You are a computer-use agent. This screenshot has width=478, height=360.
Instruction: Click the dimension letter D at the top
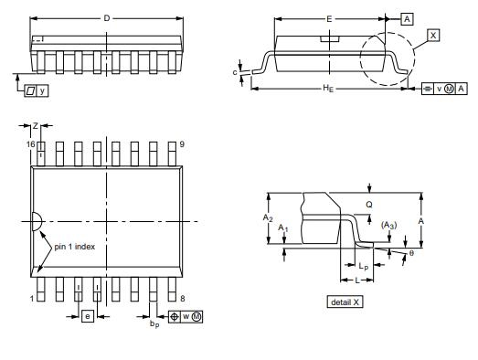pyautogui.click(x=106, y=18)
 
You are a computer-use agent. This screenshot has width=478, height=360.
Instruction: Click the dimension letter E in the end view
pyautogui.click(x=329, y=18)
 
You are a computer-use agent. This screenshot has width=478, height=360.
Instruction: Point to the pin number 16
pyautogui.click(x=29, y=145)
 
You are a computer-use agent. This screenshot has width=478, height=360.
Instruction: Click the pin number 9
pyautogui.click(x=184, y=145)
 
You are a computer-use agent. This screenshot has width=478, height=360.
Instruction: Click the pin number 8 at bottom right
pyautogui.click(x=184, y=299)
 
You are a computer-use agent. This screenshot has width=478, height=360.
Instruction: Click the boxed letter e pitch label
pyautogui.click(x=88, y=316)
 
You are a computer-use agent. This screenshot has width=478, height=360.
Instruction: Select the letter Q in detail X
pyautogui.click(x=368, y=205)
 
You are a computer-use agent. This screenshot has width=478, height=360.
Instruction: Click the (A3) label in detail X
pyautogui.click(x=388, y=226)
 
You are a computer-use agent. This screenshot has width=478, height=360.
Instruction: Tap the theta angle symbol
pyautogui.click(x=410, y=253)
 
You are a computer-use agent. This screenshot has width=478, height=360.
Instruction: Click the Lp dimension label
pyautogui.click(x=364, y=266)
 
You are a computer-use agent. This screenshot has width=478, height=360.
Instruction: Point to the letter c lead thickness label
pyautogui.click(x=235, y=70)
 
